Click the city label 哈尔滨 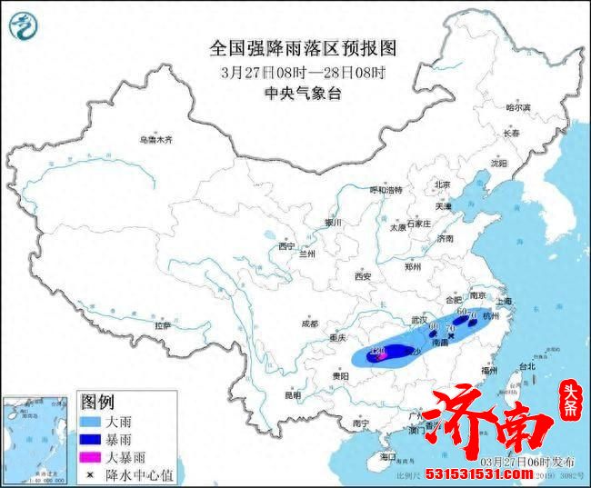[x=516, y=107]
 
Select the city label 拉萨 [x=163, y=324]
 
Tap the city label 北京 [x=442, y=184]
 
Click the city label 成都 [x=309, y=324]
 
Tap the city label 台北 [x=526, y=367]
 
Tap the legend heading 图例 [x=98, y=402]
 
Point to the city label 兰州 [x=308, y=255]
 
